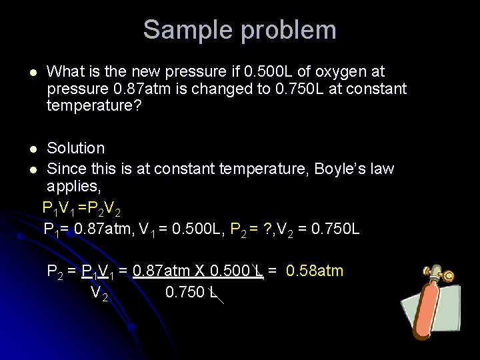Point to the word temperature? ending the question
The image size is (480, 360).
click(94, 105)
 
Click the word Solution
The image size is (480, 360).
click(75, 148)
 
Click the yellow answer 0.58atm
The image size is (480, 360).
click(315, 270)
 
